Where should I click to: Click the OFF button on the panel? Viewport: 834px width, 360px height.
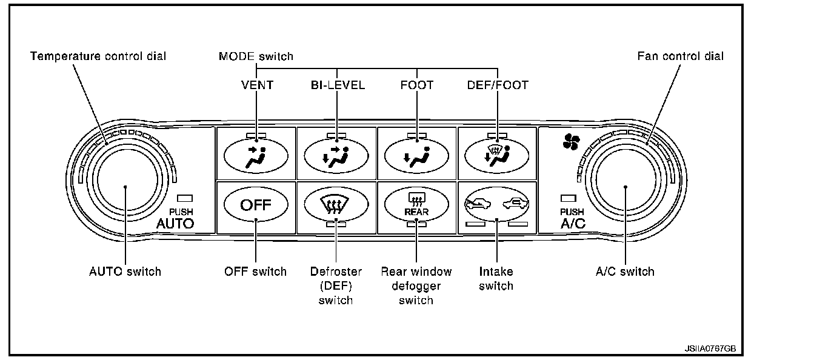[x=256, y=204]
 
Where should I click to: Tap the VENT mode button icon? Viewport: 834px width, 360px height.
[x=256, y=156]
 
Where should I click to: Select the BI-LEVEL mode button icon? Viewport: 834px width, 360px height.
[x=335, y=156]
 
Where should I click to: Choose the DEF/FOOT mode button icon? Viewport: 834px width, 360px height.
[x=496, y=156]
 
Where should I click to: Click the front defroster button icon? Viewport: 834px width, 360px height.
[x=335, y=204]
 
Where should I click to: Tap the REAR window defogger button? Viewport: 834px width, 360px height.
[x=416, y=204]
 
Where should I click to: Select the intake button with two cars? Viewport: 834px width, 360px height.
[x=496, y=204]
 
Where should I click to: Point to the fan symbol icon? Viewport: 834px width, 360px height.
[x=571, y=142]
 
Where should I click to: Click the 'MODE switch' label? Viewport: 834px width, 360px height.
[x=256, y=56]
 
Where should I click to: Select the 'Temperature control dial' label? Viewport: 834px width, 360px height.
[x=98, y=56]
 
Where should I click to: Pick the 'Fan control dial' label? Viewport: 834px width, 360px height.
[x=681, y=56]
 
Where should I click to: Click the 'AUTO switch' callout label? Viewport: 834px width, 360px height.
[x=125, y=272]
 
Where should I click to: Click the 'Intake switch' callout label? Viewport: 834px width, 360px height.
[x=496, y=278]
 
